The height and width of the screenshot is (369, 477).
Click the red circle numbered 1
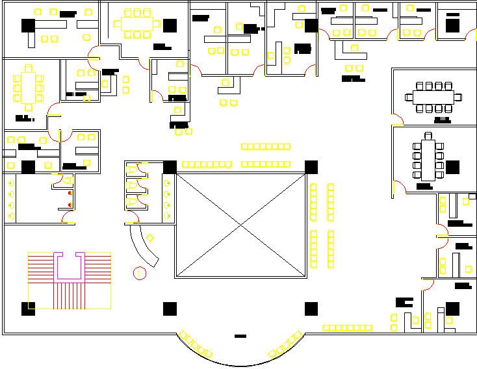click(139, 274)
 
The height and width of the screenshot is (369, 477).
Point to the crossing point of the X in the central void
click(241, 225)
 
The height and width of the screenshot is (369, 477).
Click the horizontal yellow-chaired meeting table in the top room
click(136, 23)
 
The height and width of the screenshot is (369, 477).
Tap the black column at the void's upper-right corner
click(311, 166)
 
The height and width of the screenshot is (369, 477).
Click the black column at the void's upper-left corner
click(170, 166)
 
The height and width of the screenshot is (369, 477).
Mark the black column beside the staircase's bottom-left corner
click(28, 309)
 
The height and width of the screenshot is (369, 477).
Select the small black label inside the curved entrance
click(240, 337)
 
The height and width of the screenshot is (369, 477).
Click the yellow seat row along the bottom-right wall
click(348, 328)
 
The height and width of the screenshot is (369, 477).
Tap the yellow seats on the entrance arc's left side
click(196, 345)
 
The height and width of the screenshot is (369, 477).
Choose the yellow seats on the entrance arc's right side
click(286, 345)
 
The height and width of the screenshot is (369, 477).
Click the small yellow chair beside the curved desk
click(151, 238)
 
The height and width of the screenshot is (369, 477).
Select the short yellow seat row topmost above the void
click(265, 147)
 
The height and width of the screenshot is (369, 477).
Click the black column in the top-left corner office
click(28, 25)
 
